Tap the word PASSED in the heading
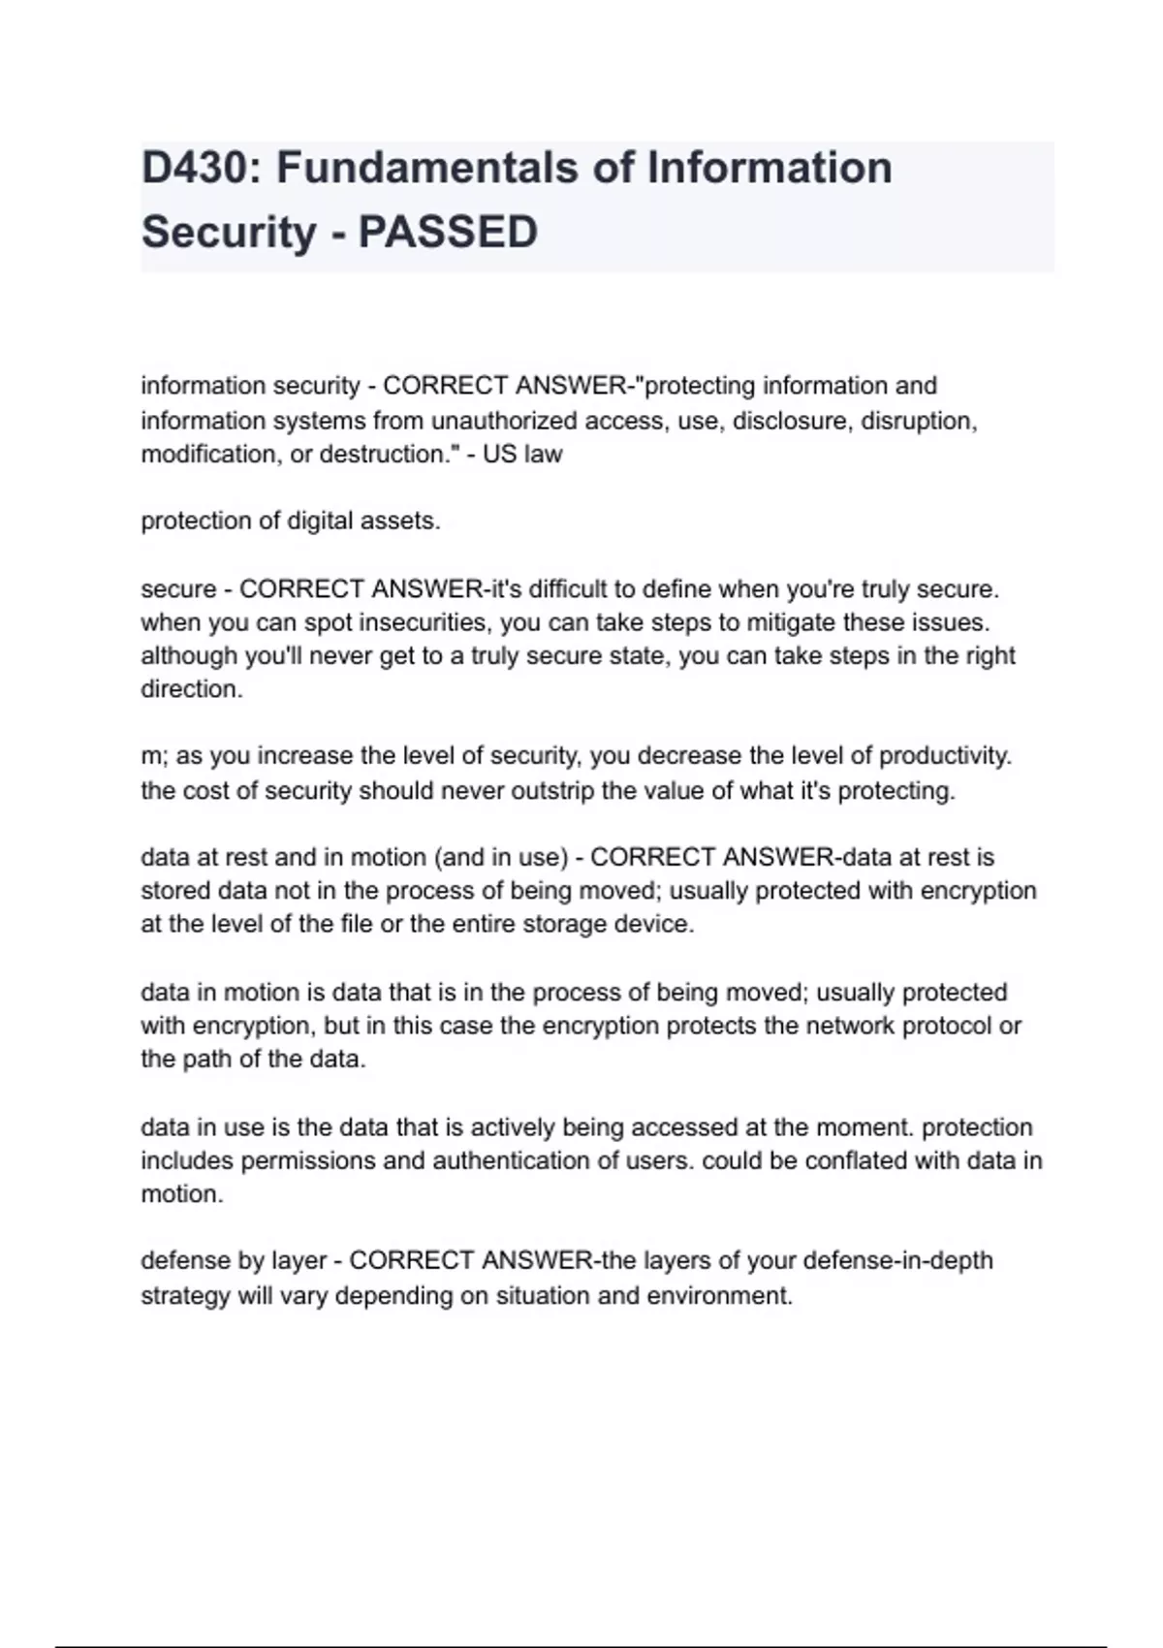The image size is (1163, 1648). pos(448,233)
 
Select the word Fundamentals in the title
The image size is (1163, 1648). pos(427,168)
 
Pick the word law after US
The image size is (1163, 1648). pos(545,454)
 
